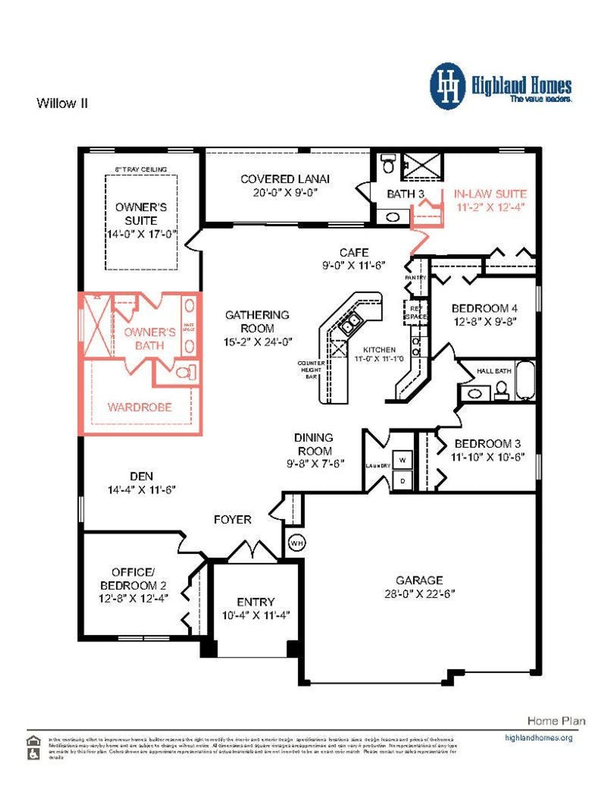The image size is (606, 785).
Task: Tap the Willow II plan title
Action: [62, 103]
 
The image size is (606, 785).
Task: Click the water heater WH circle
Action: [296, 543]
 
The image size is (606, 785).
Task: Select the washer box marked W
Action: [402, 460]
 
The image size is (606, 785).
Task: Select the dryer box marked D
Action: [402, 481]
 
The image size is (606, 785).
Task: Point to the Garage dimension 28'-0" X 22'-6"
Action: [419, 593]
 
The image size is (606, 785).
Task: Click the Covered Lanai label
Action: [285, 179]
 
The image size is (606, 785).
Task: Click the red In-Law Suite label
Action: [490, 194]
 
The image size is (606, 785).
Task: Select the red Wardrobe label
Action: [140, 407]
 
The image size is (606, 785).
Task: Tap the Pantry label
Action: [415, 277]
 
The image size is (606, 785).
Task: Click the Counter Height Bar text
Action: [311, 370]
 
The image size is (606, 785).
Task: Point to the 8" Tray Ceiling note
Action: [141, 169]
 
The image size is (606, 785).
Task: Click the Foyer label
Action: [232, 520]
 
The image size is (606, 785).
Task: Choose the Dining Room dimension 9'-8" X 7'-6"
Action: [315, 464]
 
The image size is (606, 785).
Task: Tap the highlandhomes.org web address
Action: [538, 738]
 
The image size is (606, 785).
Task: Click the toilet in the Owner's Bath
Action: [187, 372]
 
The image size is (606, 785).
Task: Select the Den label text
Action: [141, 476]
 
